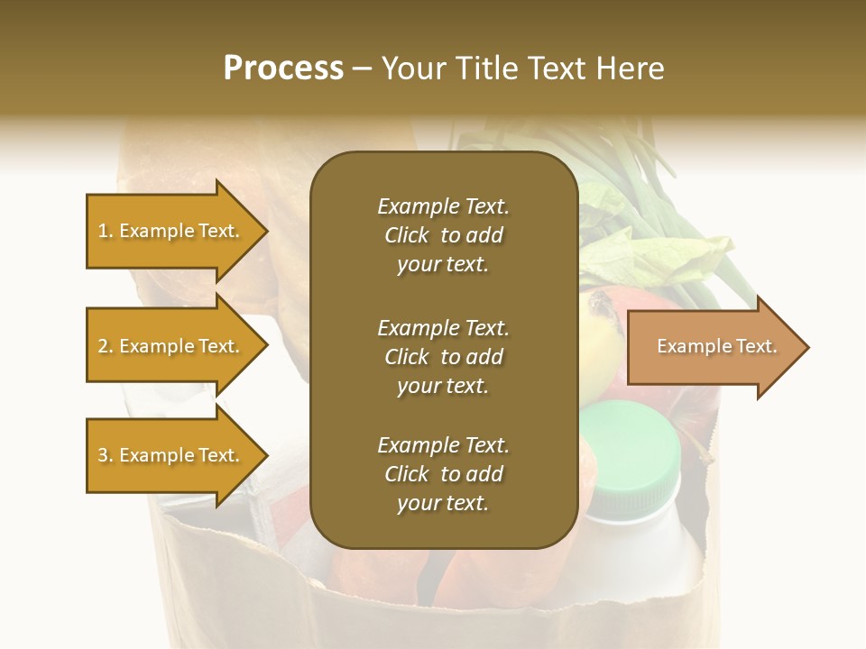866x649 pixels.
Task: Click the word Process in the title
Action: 283,68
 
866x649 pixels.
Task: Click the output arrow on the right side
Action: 713,346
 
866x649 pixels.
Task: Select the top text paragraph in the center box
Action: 443,235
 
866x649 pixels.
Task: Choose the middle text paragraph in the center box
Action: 443,356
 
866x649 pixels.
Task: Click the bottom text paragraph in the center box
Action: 443,473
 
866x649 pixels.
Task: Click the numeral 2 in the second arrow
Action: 103,346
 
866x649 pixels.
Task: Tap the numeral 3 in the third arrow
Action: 103,455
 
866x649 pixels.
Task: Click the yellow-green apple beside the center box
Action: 595,343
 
